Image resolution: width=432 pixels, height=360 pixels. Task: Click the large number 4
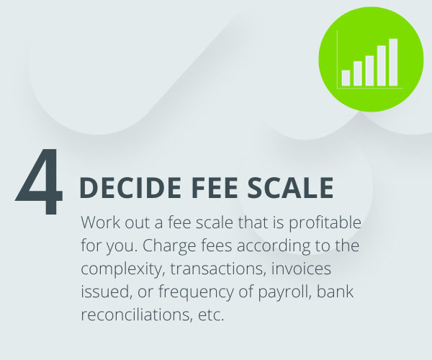(x=39, y=181)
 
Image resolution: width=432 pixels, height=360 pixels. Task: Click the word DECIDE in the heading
(x=130, y=188)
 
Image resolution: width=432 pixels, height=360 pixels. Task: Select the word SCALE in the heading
(x=290, y=188)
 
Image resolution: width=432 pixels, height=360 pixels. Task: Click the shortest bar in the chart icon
(x=346, y=78)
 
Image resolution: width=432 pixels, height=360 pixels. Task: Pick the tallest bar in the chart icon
(x=393, y=62)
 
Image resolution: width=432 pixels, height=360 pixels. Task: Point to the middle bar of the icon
(x=369, y=71)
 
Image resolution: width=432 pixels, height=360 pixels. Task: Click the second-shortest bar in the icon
(x=358, y=73)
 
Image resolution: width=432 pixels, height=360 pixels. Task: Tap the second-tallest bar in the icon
(x=382, y=66)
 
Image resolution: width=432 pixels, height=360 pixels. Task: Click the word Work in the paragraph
(x=101, y=222)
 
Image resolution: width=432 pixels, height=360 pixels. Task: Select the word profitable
(x=325, y=222)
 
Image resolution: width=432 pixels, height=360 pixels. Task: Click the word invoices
(x=301, y=269)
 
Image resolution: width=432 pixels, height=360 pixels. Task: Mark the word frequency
(x=196, y=292)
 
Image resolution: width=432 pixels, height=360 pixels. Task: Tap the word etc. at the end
(x=211, y=315)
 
